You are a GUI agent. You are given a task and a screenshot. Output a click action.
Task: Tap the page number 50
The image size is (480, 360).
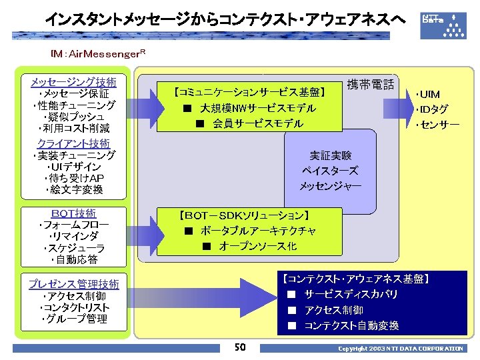coord(240,347)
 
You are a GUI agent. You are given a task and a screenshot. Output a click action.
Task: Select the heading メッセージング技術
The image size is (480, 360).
coord(73,83)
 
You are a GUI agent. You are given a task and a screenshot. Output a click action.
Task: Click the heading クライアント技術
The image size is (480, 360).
coord(73,143)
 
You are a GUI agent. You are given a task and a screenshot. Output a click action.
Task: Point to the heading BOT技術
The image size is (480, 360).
coord(73,213)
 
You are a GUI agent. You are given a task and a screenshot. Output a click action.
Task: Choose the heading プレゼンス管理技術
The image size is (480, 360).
coord(73,285)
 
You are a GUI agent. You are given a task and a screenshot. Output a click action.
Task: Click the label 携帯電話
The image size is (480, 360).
coord(371,85)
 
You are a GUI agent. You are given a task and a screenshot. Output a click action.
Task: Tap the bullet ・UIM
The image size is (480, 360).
coord(427,94)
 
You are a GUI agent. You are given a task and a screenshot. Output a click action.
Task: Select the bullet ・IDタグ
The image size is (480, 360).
coord(431,109)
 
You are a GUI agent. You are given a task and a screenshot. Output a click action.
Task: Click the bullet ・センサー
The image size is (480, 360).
coord(437,125)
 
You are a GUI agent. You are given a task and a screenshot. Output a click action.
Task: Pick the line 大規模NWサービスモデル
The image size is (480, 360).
coord(249,108)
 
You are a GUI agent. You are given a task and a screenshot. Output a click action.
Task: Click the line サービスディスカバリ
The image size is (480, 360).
coord(351,294)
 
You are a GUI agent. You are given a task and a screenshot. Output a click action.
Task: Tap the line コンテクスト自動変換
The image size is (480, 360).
coord(351,326)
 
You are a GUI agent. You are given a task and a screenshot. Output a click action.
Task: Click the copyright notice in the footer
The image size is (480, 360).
coord(400,349)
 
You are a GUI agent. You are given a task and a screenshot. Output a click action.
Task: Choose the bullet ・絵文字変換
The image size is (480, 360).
coord(75,190)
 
